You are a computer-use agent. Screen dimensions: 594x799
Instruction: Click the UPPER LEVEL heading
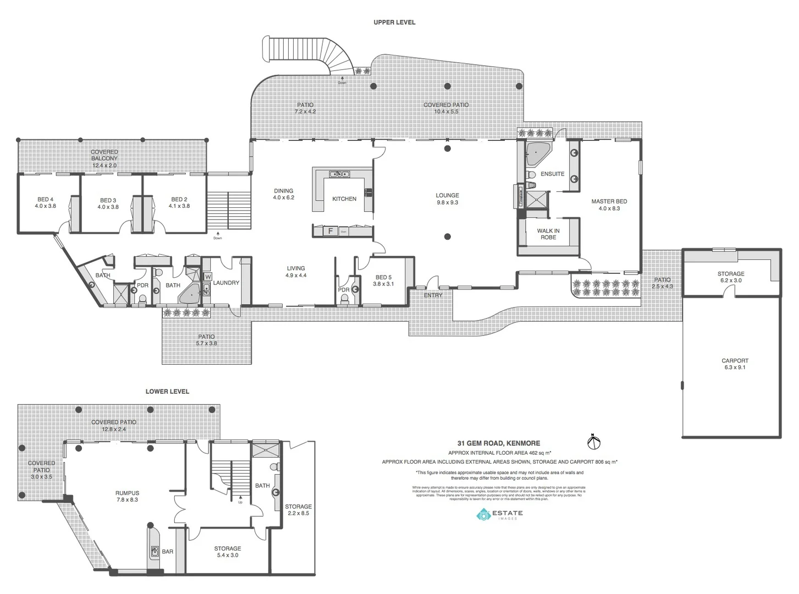click(394, 23)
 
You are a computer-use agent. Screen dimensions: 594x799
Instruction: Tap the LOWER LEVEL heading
click(167, 392)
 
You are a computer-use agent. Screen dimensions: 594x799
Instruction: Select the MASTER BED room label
click(609, 205)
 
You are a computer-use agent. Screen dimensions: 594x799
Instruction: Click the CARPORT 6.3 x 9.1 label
click(735, 364)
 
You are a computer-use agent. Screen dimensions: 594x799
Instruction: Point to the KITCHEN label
click(344, 199)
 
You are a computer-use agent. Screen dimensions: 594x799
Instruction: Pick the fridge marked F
click(330, 232)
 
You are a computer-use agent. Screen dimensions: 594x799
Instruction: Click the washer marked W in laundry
click(208, 277)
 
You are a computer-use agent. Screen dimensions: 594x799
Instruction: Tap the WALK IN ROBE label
click(548, 234)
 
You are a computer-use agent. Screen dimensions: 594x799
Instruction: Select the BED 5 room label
click(383, 280)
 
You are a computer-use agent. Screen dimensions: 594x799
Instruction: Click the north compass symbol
click(594, 441)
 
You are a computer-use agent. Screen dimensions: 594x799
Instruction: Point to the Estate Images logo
click(499, 515)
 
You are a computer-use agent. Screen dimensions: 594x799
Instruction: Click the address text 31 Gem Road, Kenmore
click(499, 443)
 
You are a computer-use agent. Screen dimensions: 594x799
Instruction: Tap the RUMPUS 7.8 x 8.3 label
click(127, 497)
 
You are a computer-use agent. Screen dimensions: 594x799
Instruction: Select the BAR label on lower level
click(168, 552)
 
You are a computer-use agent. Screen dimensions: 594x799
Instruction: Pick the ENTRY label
click(433, 295)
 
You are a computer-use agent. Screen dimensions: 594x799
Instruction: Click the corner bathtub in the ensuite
click(537, 154)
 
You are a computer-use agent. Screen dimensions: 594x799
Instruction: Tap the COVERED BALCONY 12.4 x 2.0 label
click(104, 158)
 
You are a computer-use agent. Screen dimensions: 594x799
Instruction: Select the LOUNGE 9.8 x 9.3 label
click(447, 199)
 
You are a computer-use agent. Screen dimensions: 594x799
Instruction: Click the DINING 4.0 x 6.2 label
click(284, 194)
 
